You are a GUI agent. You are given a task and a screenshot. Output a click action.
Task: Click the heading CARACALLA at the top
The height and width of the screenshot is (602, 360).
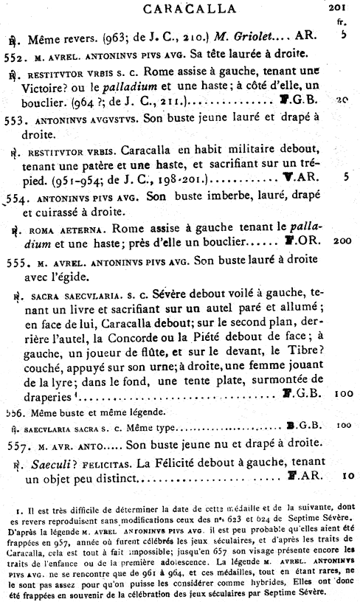(x=179, y=9)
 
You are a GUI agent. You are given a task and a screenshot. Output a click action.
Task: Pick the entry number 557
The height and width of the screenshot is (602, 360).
(x=15, y=447)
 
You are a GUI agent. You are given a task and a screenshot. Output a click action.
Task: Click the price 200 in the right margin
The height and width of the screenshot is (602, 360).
(x=341, y=242)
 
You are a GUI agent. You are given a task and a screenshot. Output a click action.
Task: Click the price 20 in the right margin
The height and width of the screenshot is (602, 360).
(x=341, y=100)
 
